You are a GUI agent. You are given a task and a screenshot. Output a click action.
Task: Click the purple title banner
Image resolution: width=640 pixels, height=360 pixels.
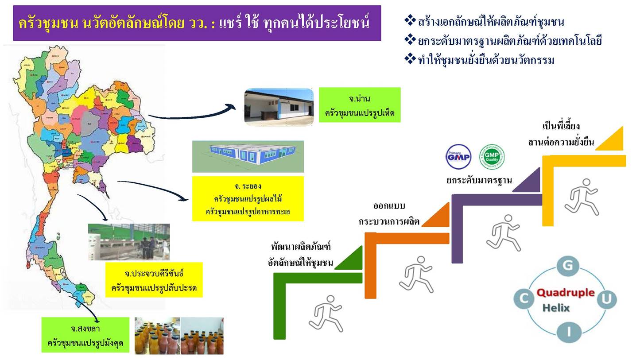197,23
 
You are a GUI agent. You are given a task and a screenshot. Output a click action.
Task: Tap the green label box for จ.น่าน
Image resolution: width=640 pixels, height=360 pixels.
359,105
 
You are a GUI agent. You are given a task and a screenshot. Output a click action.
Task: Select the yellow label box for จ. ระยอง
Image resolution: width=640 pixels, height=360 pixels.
248,198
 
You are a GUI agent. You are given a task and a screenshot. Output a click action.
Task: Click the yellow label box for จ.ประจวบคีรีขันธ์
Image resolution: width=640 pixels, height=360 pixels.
154,280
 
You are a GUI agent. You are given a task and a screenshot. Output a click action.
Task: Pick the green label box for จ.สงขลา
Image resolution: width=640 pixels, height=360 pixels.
85,335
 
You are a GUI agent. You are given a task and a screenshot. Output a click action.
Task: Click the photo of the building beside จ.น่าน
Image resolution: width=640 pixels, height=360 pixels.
279,107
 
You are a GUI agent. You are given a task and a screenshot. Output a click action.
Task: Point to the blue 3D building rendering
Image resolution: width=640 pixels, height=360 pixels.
248,156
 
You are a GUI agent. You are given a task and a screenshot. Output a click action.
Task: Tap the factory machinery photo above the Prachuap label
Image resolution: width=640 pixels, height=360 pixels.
128,242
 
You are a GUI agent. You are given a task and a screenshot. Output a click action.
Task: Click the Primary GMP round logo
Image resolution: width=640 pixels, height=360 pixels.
458,157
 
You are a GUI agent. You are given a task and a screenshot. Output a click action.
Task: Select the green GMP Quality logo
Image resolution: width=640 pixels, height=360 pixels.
492,157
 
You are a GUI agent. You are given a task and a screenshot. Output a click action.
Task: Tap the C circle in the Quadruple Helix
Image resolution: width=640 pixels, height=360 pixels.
524,298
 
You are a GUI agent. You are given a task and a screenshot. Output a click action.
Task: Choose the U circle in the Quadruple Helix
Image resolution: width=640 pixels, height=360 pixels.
606,299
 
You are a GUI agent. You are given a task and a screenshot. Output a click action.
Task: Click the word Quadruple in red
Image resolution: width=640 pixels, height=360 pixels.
565,293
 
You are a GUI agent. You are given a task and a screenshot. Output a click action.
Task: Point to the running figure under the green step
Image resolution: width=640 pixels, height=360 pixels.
326,313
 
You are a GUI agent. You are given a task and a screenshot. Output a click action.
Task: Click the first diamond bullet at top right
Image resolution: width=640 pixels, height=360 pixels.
410,20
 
